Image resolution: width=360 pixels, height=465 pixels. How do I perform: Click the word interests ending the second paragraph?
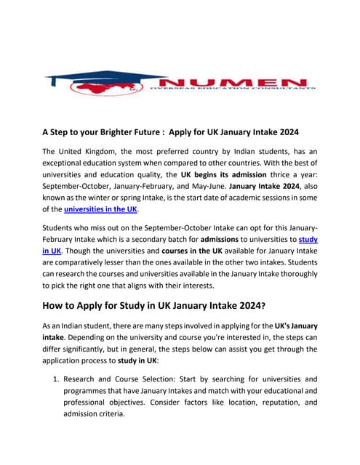pyautogui.click(x=227, y=288)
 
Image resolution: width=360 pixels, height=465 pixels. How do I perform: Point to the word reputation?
pyautogui.click(x=267, y=405)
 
